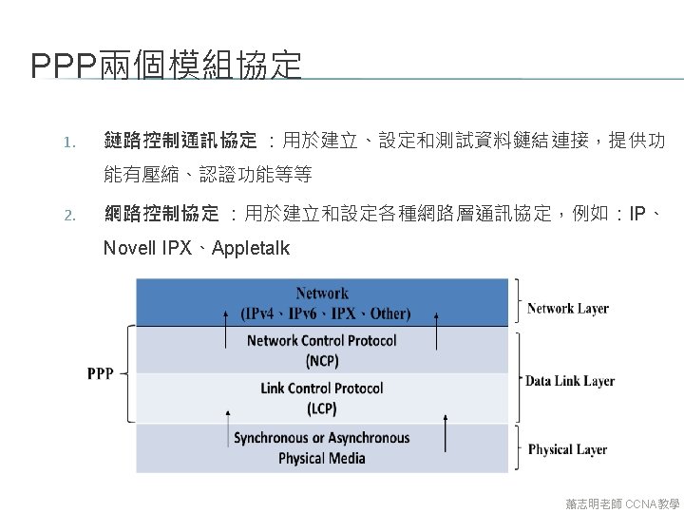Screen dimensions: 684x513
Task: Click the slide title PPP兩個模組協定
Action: (x=166, y=66)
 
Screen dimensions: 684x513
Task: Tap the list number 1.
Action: (x=67, y=142)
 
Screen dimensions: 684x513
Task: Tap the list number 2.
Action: (x=68, y=214)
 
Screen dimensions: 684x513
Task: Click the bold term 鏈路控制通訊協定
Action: (x=180, y=142)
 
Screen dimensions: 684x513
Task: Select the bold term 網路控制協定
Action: (x=161, y=213)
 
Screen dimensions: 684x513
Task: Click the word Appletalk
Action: (x=251, y=249)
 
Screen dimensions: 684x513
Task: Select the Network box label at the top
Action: (x=321, y=294)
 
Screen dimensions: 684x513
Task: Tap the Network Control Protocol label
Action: (x=321, y=340)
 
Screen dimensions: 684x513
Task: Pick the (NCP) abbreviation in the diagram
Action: (x=321, y=361)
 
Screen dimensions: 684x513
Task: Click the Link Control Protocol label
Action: (x=321, y=388)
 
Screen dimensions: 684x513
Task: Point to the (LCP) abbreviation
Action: (x=321, y=408)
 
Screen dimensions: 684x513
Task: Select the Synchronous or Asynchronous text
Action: (x=321, y=438)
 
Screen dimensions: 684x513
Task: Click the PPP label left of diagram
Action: (x=100, y=373)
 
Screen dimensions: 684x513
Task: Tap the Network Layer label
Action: (x=567, y=308)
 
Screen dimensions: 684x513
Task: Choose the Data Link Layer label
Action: (x=570, y=381)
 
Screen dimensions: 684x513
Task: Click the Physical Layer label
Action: (x=567, y=449)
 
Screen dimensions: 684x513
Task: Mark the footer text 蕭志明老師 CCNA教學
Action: (x=621, y=503)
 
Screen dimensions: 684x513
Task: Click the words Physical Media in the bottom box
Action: (x=321, y=458)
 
